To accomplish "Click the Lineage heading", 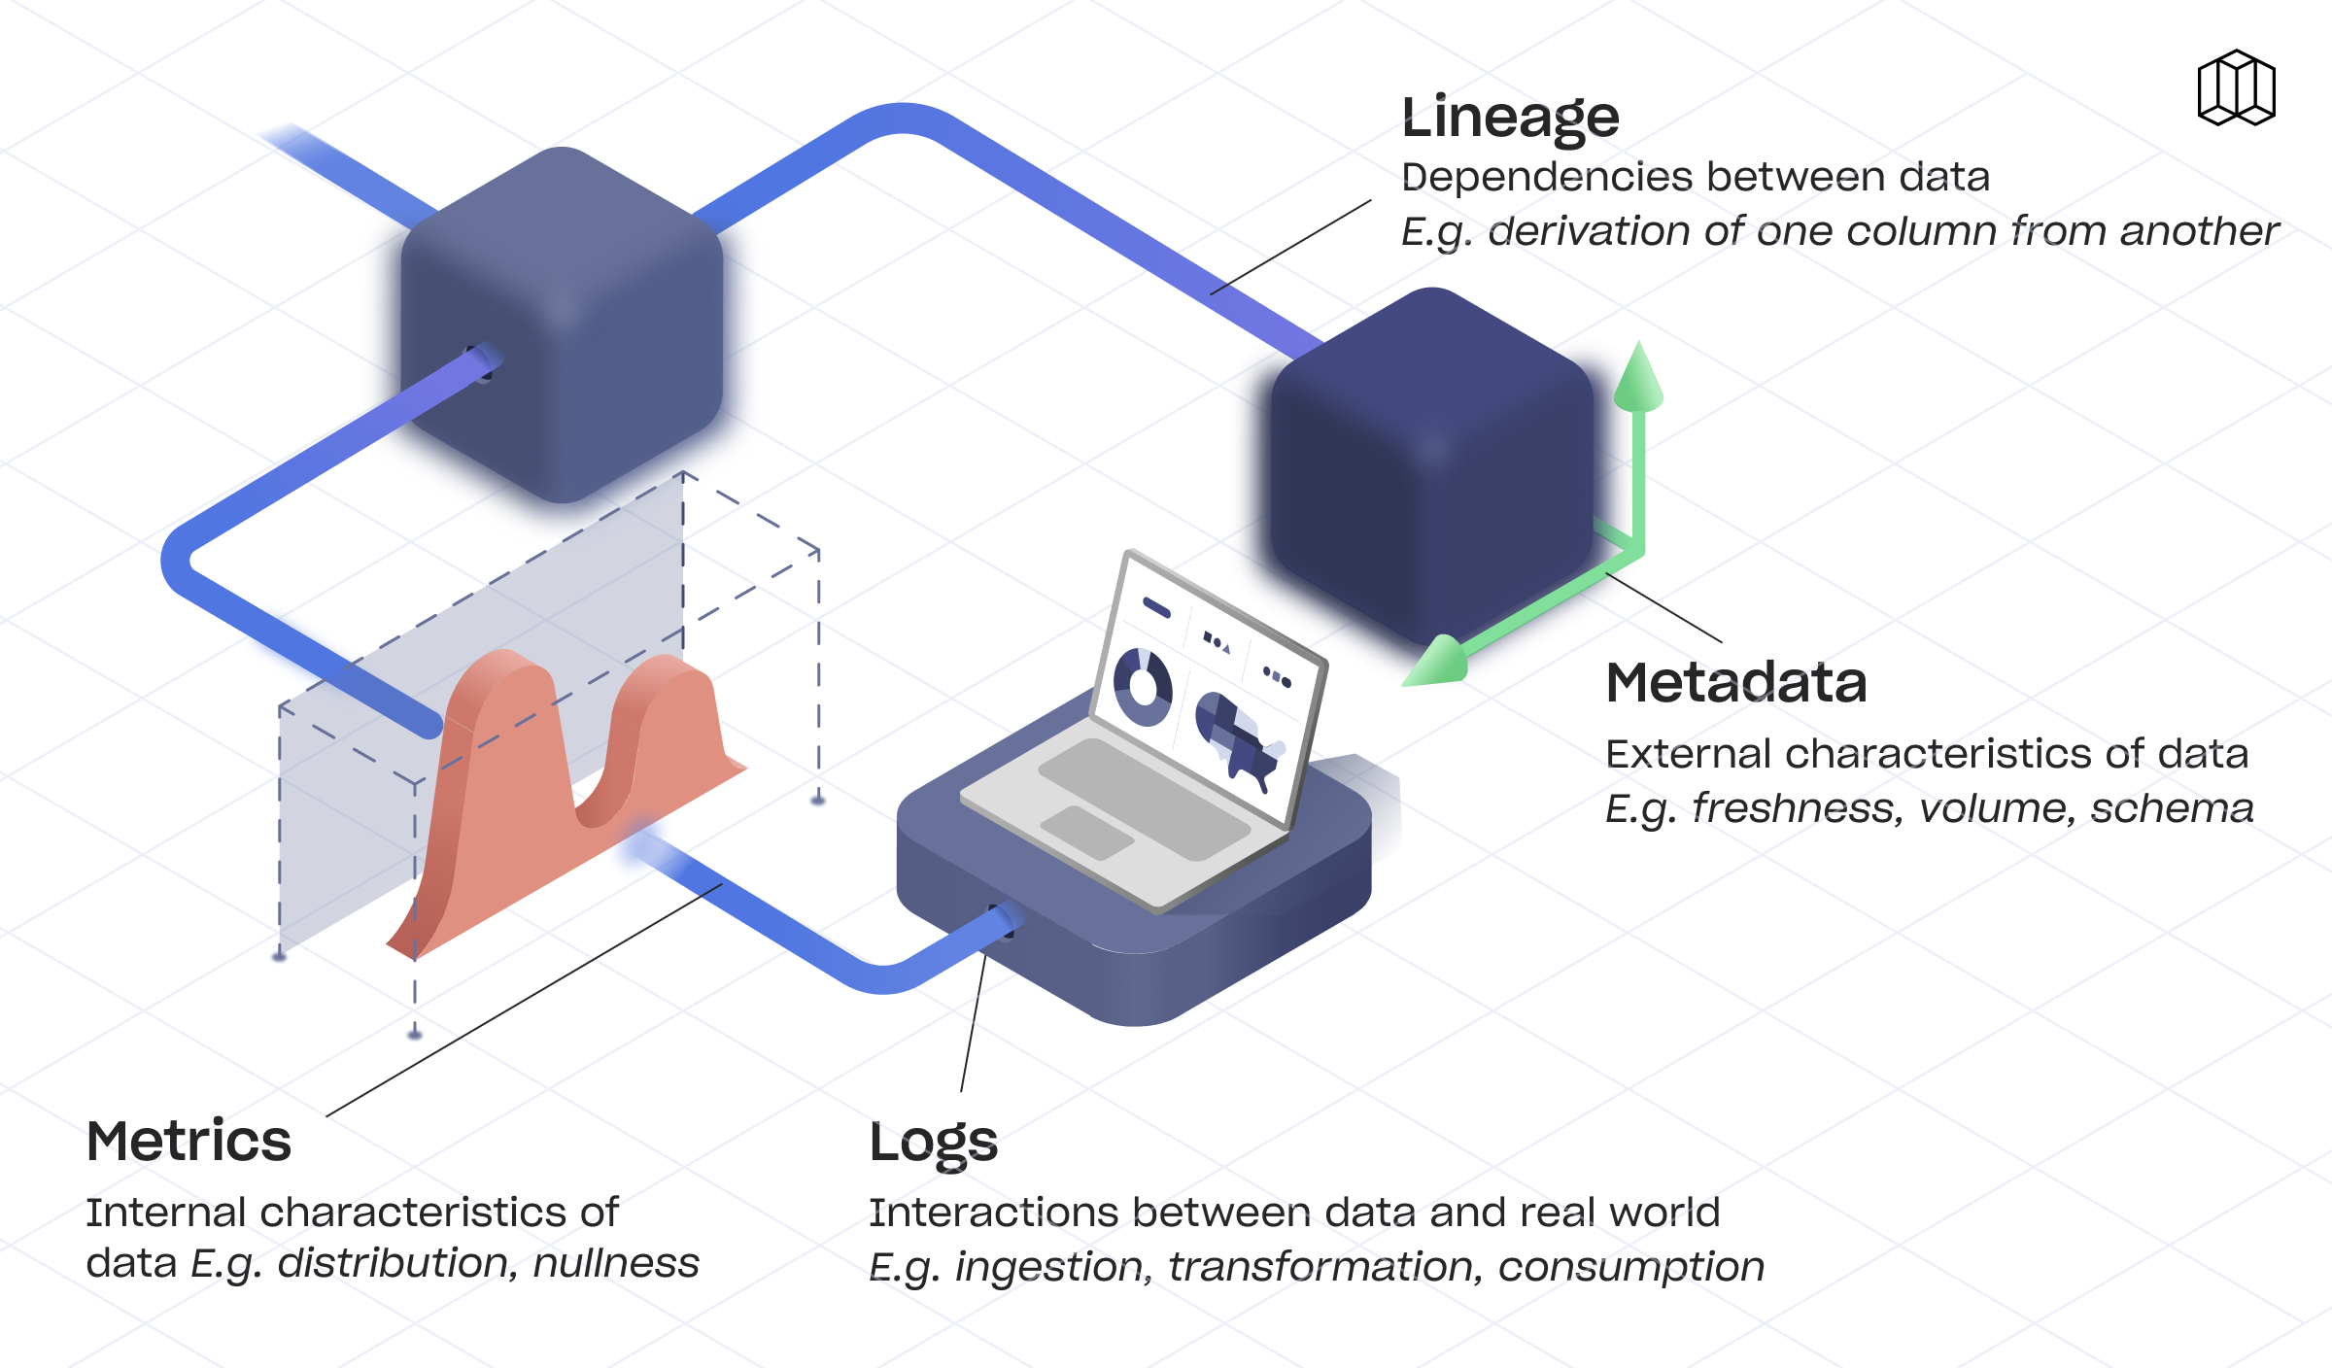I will pos(1510,119).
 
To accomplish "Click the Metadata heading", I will pos(1735,682).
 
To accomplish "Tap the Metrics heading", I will pos(189,1141).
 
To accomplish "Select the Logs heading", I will pos(933,1143).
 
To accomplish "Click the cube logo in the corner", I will pos(2236,88).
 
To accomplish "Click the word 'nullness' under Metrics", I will pos(616,1263).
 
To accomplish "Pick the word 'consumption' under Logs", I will pos(1630,1267).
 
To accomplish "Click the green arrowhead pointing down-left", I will pos(1436,664).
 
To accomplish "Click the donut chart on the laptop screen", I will pos(1143,687).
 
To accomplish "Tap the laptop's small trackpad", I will pos(1086,832).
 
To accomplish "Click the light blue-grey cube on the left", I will pos(562,325).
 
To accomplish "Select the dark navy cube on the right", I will pos(1431,466).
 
